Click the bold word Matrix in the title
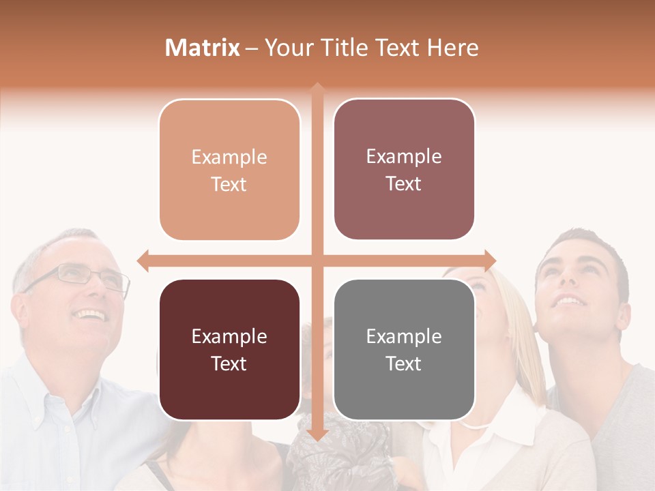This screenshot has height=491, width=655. coord(203,48)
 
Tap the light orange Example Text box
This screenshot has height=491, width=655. coord(229,170)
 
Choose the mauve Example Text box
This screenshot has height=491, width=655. coord(404,170)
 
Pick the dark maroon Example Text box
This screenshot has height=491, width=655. coord(229,350)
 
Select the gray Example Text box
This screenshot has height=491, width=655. coord(404,350)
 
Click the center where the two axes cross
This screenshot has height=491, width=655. coord(317,261)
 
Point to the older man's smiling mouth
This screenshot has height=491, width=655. coord(90,315)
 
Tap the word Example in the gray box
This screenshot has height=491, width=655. coord(404,336)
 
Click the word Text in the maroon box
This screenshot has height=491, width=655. coord(229,363)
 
